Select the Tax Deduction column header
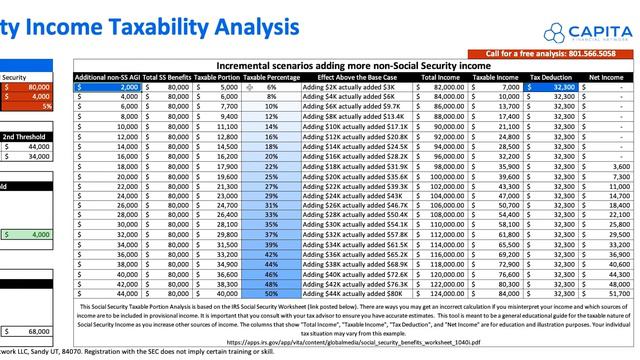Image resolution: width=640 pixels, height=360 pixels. click(x=550, y=76)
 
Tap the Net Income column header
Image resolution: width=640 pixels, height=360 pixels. click(x=607, y=76)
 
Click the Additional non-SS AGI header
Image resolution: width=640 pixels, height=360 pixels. click(x=107, y=76)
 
